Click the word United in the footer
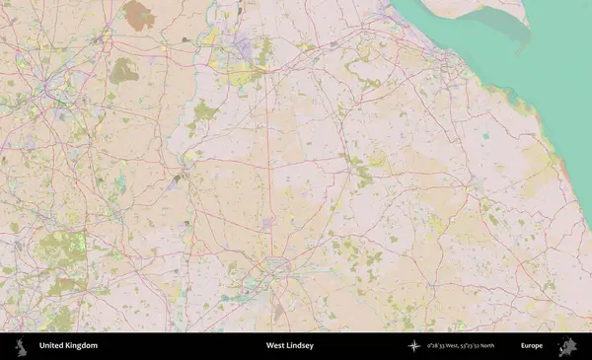coord(52,346)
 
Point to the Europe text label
coord(532,346)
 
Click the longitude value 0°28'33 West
coord(445,346)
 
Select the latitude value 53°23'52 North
coord(486,346)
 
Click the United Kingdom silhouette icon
coord(20,346)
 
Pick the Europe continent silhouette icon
coord(569,346)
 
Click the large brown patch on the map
coord(139,14)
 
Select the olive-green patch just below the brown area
coord(124,70)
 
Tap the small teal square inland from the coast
coord(485,136)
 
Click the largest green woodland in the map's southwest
coord(61,249)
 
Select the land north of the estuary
coord(444,8)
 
